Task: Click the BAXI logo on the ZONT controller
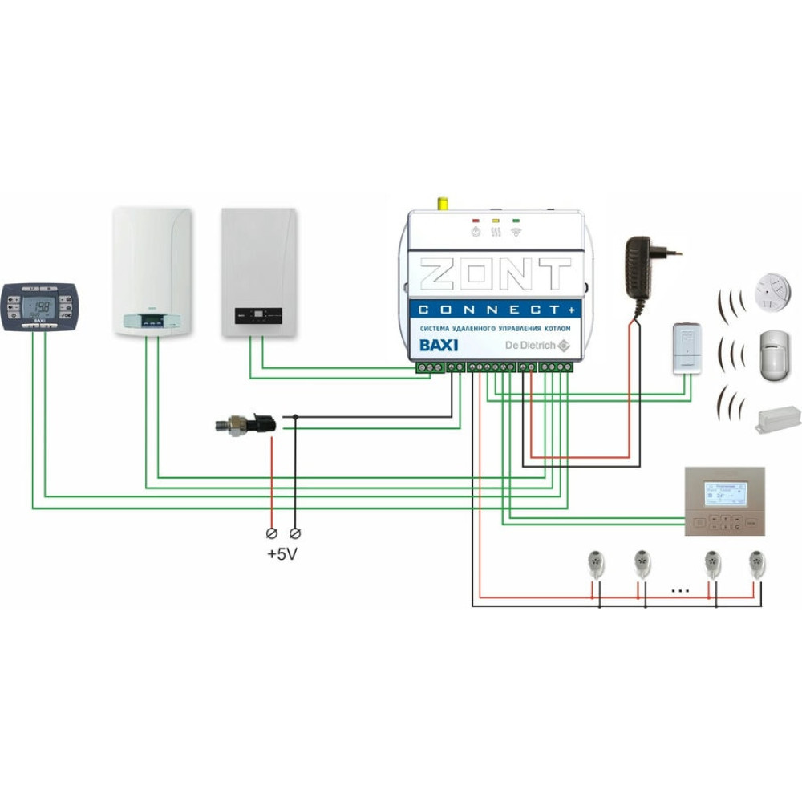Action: point(439,346)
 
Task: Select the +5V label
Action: point(282,553)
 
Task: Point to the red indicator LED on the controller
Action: point(476,219)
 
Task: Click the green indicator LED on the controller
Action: point(515,219)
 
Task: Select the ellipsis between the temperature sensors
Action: point(679,590)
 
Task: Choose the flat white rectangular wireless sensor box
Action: point(778,419)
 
